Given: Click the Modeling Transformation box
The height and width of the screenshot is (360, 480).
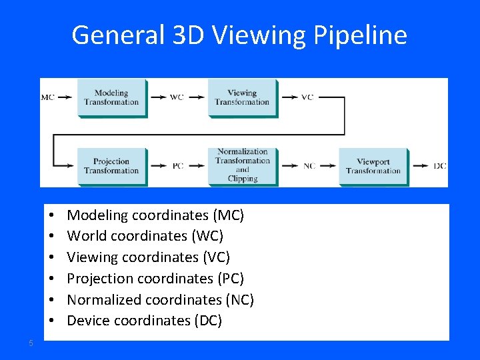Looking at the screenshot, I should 111,98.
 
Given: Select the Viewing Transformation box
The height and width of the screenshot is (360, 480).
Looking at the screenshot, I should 241,98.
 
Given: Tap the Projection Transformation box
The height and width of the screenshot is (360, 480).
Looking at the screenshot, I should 111,166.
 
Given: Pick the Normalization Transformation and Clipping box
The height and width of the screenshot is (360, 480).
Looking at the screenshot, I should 242,165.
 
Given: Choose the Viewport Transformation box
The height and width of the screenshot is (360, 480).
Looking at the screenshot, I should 373,166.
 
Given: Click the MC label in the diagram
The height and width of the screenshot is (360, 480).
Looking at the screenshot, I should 48,97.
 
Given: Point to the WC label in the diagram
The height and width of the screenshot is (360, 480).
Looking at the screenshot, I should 177,97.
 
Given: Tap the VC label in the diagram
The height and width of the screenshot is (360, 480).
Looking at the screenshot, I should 307,97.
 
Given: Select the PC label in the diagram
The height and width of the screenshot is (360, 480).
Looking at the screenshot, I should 178,166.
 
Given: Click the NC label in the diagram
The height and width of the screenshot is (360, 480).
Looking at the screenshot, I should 309,166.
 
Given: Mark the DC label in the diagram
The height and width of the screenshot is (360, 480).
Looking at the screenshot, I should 440,166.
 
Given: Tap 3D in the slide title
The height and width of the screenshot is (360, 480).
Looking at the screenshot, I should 185,35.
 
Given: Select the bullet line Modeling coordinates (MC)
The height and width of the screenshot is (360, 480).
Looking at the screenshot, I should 155,215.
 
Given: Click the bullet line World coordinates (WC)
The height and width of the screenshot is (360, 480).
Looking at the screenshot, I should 145,236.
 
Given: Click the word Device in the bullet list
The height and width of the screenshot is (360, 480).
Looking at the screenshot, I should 87,321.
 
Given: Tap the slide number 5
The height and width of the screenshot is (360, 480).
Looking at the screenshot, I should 31,343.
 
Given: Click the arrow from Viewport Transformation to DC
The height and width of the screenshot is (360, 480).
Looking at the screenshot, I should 420,166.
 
